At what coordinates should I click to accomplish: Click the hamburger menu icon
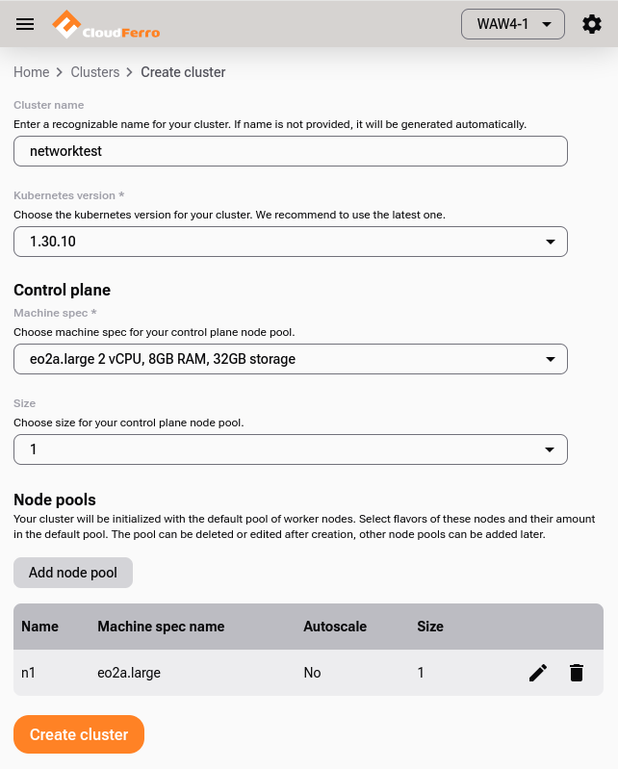(25, 24)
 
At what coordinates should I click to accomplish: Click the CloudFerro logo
(106, 24)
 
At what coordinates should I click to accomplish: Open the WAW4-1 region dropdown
(512, 24)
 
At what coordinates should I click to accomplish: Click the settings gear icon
(592, 24)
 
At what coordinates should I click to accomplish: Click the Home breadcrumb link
(31, 72)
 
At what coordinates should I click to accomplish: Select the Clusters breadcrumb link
(95, 72)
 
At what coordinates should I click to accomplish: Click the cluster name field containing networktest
(290, 151)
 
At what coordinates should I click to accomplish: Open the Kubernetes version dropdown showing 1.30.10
(290, 242)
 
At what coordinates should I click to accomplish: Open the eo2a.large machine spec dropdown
(290, 359)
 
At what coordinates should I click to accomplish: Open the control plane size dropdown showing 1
(290, 449)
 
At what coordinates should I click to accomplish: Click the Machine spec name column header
(161, 627)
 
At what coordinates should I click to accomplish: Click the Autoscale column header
(335, 627)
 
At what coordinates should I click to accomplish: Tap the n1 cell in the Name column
(29, 673)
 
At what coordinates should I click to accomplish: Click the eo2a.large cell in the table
(129, 673)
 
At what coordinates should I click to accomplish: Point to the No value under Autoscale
(312, 673)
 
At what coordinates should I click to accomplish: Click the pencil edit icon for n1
(538, 673)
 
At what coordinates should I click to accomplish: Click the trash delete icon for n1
(577, 673)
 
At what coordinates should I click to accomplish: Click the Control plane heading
(62, 290)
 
